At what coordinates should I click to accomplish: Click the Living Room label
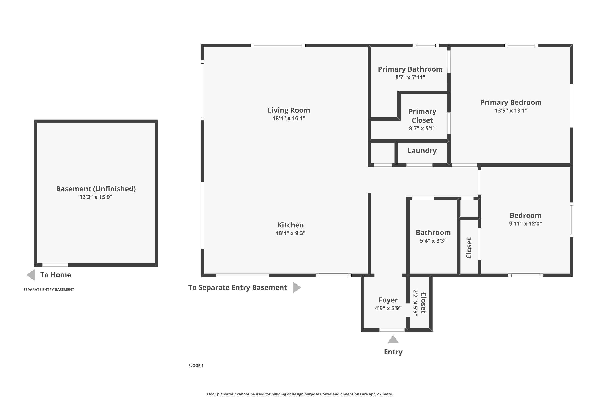[289, 110]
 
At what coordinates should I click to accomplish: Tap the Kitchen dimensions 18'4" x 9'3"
[290, 233]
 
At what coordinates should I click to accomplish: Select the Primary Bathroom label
[410, 69]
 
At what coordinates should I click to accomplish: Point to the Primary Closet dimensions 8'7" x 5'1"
[422, 128]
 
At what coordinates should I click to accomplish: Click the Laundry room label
[422, 151]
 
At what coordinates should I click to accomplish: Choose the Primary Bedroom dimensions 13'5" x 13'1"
[511, 110]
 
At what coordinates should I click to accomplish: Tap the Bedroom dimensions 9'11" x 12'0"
[526, 223]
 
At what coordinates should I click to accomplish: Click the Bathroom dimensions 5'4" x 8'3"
[433, 241]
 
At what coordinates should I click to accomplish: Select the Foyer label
[388, 300]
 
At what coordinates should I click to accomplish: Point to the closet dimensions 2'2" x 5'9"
[416, 303]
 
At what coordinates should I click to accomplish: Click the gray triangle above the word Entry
[393, 340]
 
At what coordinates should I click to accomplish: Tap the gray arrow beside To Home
[31, 275]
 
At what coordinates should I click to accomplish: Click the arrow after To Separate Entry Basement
[297, 288]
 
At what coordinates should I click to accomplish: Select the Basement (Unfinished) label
[96, 189]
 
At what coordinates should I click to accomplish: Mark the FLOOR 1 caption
[196, 366]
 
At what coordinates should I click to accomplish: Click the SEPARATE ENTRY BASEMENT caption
[49, 290]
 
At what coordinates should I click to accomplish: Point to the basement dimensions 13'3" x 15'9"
[96, 197]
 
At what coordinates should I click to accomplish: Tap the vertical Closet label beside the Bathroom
[469, 248]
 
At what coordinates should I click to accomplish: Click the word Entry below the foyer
[393, 352]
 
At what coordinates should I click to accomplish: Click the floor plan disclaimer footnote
[300, 394]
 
